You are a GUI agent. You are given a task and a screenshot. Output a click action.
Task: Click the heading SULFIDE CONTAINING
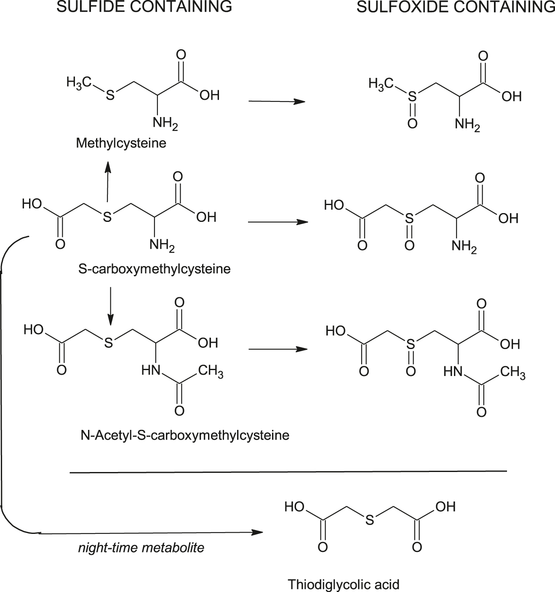point(144,7)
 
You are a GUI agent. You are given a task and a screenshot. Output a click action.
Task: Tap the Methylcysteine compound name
point(121,143)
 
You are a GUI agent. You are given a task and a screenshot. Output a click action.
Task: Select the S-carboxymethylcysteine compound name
point(155,269)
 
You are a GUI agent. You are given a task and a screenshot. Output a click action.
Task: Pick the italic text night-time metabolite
point(141,548)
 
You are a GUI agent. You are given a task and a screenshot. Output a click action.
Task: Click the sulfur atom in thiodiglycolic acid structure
point(369,521)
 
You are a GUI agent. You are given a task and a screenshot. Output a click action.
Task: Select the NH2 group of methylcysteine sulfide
point(165,123)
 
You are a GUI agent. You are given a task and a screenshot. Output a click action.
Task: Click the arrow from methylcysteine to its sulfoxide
point(277,101)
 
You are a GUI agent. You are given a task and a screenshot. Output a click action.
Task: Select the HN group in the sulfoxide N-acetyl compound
point(453,371)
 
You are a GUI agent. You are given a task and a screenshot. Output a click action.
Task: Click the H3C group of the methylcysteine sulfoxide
point(381,83)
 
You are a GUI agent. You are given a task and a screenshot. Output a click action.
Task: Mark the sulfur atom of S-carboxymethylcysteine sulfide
point(107,217)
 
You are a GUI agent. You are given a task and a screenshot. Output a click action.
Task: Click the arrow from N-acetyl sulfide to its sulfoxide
point(277,349)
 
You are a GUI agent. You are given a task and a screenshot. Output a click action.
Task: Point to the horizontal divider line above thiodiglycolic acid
point(288,472)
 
